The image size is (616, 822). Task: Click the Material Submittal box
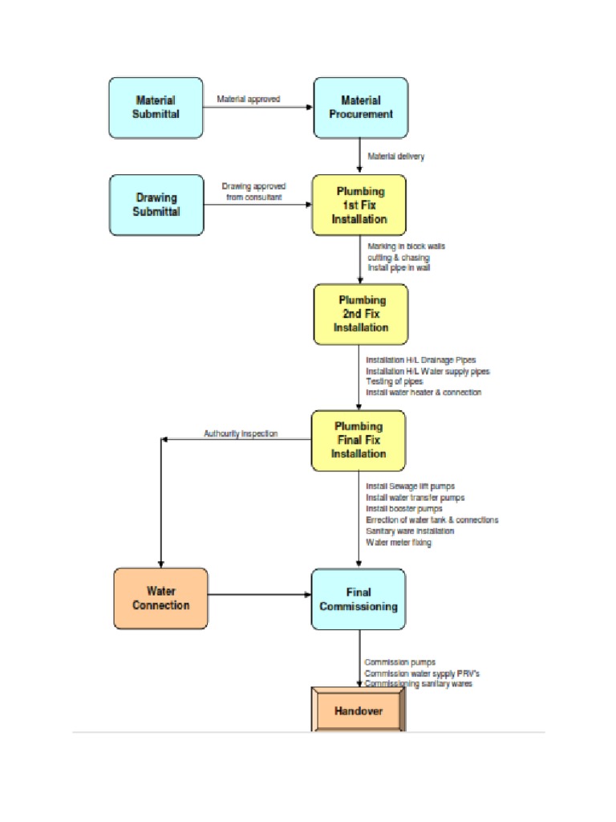pos(156,108)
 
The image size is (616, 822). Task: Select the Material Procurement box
pos(360,108)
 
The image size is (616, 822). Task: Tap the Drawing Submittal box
pos(156,205)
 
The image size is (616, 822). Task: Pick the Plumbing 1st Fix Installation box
pos(359,205)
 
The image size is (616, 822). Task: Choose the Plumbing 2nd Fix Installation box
pos(360,314)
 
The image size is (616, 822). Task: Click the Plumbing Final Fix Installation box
pos(359,440)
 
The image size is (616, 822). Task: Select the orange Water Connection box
pos(160,598)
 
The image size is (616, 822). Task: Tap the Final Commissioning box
pos(359,599)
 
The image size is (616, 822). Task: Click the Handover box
pos(359,710)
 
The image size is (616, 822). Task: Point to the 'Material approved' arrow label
pos(248,100)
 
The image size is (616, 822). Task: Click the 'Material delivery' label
pos(395,157)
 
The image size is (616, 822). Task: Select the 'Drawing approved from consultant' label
pos(253,192)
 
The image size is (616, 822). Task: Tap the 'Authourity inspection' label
pos(241,433)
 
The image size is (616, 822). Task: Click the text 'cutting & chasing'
pos(398,258)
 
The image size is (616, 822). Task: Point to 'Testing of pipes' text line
pos(394,382)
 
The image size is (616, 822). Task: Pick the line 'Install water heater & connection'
pos(423,393)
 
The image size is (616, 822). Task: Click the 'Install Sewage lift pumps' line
pos(409,486)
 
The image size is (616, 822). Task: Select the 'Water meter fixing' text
pos(398,543)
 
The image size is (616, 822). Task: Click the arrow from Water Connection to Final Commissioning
pos(259,595)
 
